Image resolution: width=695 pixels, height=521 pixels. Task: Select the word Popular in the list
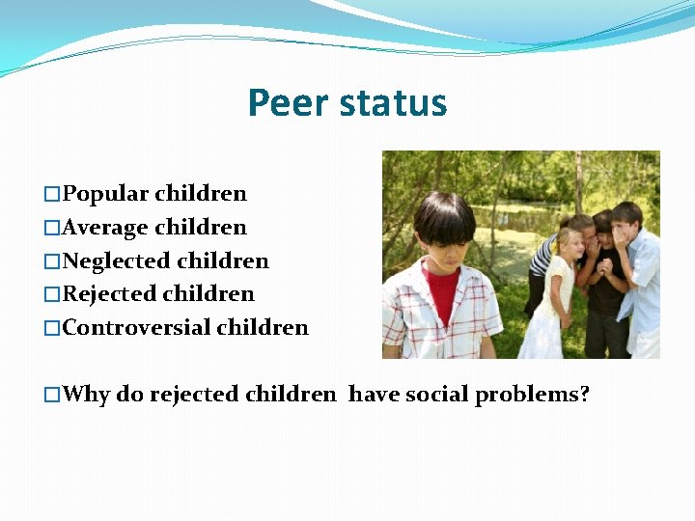tap(105, 194)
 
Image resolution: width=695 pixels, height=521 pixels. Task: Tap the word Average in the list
tap(105, 228)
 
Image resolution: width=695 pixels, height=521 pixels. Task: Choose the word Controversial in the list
tap(136, 328)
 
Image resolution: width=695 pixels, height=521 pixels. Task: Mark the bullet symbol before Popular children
tap(52, 195)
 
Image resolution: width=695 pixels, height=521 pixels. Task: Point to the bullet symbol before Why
tap(52, 396)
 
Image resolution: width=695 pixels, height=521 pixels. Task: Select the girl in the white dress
tap(557, 299)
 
